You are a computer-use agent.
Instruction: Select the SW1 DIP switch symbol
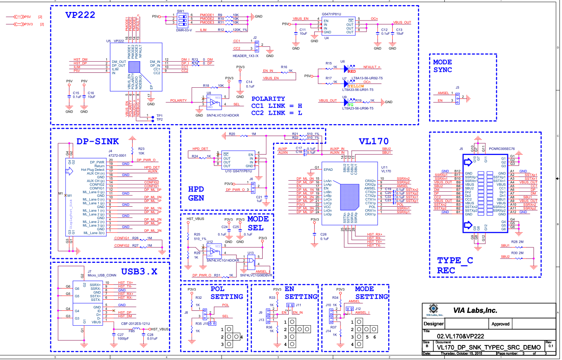click(180, 18)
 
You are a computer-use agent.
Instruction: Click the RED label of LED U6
click(352, 71)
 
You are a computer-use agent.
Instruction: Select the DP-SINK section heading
click(98, 142)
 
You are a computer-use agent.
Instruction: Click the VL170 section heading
click(373, 141)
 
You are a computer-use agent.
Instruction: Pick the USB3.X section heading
click(139, 271)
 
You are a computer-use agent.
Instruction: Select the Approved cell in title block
click(500, 324)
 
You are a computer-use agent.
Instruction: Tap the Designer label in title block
click(433, 324)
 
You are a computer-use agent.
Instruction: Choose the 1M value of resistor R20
click(254, 134)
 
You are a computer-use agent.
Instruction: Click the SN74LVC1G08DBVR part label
click(256, 275)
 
